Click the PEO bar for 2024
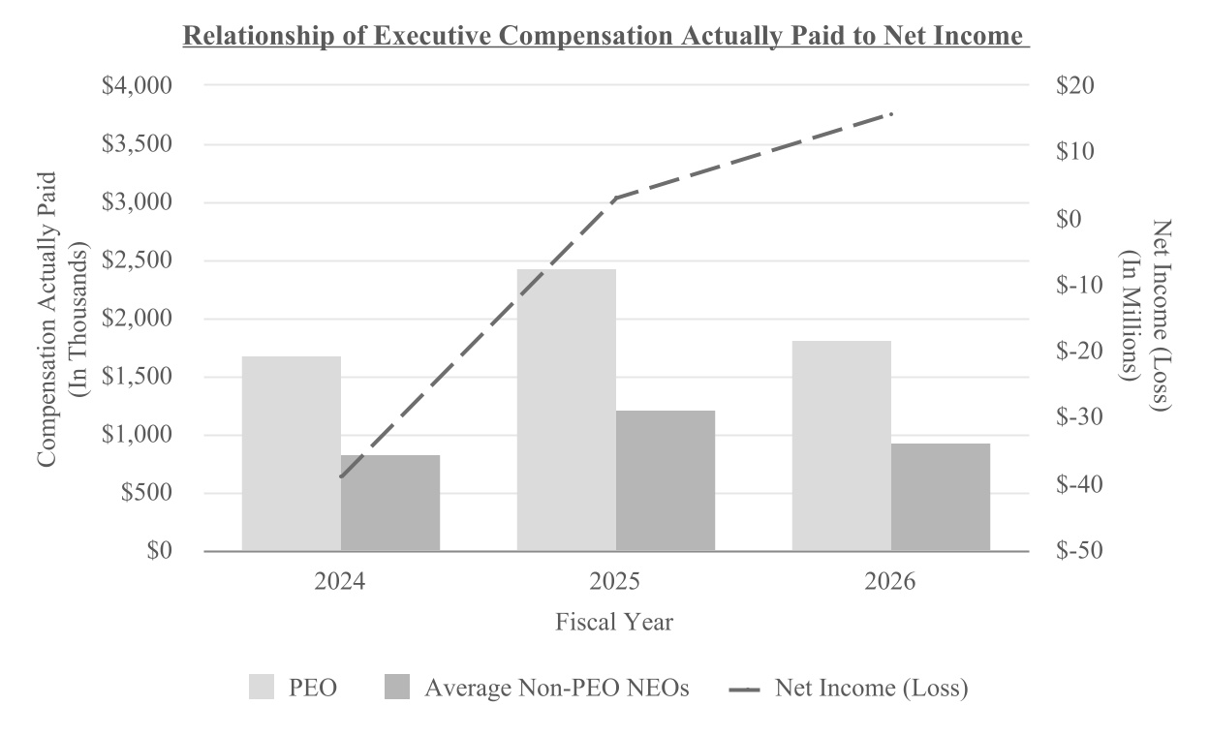(292, 453)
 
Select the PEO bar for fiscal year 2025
(566, 410)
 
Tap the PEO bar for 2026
(842, 445)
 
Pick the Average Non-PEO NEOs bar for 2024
(390, 503)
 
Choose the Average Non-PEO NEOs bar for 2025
(666, 480)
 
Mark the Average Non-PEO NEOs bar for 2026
(941, 498)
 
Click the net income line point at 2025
(616, 198)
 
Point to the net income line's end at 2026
(891, 114)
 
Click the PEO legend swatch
(262, 687)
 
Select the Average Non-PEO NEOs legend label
(557, 688)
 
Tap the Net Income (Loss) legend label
(872, 688)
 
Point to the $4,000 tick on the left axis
(138, 85)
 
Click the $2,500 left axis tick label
(138, 261)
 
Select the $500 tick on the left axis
(146, 492)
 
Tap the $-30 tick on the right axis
(1079, 417)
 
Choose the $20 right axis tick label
(1075, 85)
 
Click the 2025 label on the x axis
(615, 582)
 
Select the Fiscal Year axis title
(614, 622)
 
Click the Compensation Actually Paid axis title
(47, 320)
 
